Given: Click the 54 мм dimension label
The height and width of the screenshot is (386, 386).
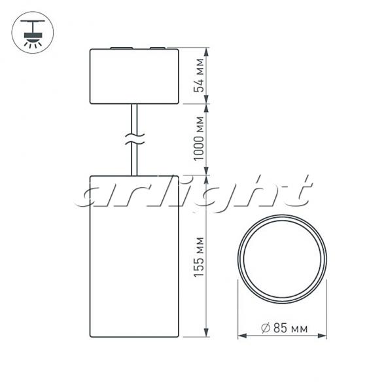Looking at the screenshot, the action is click(199, 75).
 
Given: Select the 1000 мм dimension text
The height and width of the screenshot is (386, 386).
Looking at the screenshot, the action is click(199, 139).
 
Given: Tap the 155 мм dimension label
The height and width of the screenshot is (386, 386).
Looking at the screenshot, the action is click(199, 257).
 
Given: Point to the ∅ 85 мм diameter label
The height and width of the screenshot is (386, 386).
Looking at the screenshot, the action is click(284, 328).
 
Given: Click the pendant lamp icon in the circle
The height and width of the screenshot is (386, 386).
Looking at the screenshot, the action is click(33, 32).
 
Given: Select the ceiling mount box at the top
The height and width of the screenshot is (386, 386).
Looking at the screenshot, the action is click(134, 76).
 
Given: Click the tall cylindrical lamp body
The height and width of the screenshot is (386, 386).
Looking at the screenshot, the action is click(134, 256).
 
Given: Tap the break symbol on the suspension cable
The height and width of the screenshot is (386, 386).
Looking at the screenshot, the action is click(134, 139).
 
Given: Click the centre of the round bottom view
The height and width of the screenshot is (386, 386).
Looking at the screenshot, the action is click(282, 258).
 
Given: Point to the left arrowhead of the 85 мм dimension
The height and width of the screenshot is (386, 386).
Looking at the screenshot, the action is click(242, 336).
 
